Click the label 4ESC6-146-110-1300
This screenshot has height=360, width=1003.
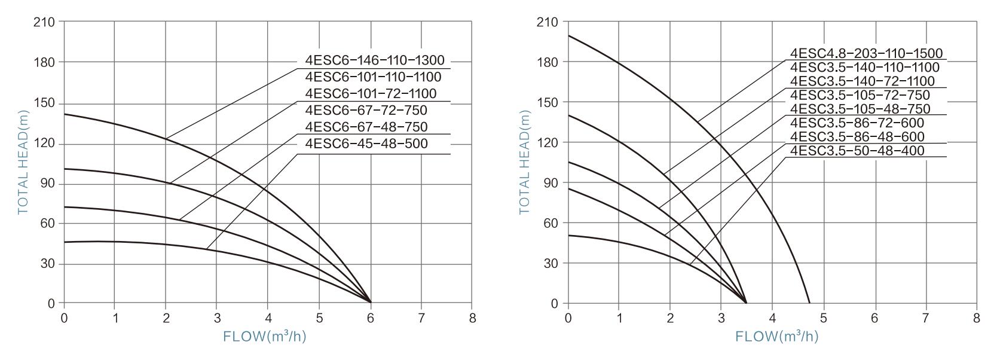pyautogui.click(x=374, y=60)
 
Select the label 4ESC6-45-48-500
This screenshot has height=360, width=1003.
pyautogui.click(x=366, y=144)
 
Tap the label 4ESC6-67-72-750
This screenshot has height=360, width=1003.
pyautogui.click(x=366, y=111)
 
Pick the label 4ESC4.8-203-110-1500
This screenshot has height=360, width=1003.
pyautogui.click(x=866, y=54)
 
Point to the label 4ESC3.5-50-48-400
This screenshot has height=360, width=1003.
pyautogui.click(x=857, y=151)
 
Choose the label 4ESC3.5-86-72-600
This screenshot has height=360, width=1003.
pyautogui.click(x=857, y=123)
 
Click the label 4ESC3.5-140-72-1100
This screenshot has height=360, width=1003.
pyautogui.click(x=863, y=81)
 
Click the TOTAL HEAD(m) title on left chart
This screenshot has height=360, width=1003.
pyautogui.click(x=23, y=162)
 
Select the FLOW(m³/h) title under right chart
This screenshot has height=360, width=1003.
pyautogui.click(x=776, y=337)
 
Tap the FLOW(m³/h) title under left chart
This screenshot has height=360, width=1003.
pyautogui.click(x=264, y=337)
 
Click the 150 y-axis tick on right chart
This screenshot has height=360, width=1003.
pyautogui.click(x=549, y=103)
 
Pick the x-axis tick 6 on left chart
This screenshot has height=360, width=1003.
pyautogui.click(x=371, y=317)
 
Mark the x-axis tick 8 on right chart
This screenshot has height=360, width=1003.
pyautogui.click(x=977, y=317)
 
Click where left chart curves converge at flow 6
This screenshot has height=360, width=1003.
pyautogui.click(x=371, y=303)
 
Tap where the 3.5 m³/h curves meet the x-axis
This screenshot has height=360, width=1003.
pyautogui.click(x=746, y=303)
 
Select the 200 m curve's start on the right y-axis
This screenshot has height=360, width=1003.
pyautogui.click(x=568, y=36)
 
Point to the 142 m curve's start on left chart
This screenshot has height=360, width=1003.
pyautogui.click(x=65, y=114)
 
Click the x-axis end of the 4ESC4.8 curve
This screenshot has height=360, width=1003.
pyautogui.click(x=809, y=303)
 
